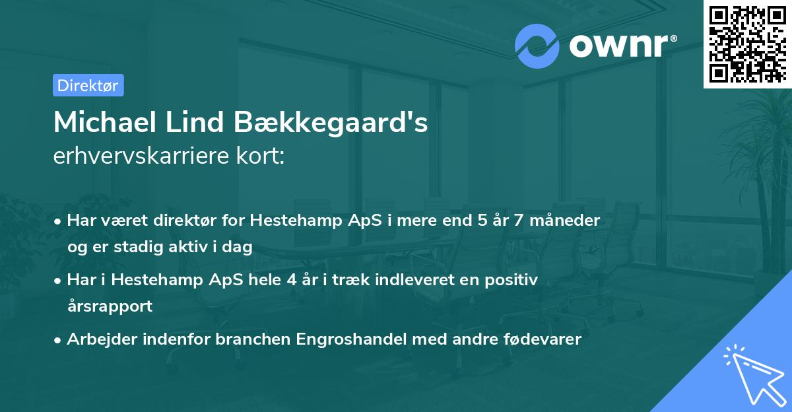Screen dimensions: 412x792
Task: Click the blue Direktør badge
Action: point(88,85)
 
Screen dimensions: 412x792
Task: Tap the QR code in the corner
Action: point(747,44)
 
